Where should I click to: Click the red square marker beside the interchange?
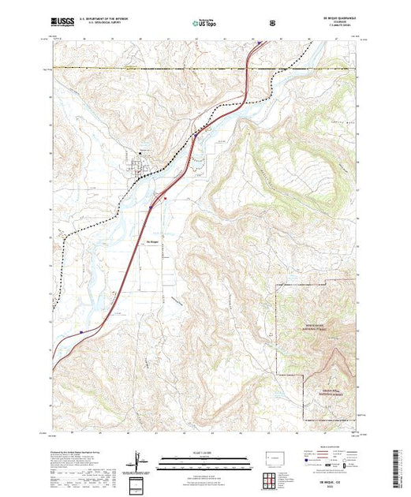pyautogui.click(x=165, y=199)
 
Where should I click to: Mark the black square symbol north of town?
pyautogui.click(x=142, y=152)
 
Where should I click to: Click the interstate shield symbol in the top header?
pyautogui.click(x=272, y=23)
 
